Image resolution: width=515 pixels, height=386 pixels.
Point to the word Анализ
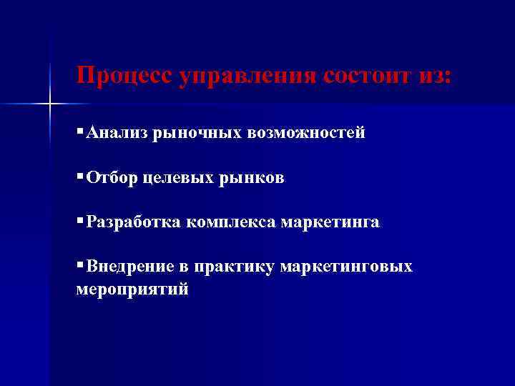pyautogui.click(x=117, y=133)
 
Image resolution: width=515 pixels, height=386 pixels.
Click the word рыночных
pyautogui.click(x=189, y=134)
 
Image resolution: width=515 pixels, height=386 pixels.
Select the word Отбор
pyautogui.click(x=113, y=178)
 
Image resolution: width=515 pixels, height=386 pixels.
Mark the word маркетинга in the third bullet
pyautogui.click(x=330, y=223)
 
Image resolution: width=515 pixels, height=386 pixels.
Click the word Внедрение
pyautogui.click(x=130, y=267)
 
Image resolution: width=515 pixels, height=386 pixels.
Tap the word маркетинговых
pyautogui.click(x=346, y=267)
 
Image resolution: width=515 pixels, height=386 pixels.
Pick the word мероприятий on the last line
pyautogui.click(x=132, y=289)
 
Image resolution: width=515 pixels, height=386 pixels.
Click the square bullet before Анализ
pyautogui.click(x=79, y=133)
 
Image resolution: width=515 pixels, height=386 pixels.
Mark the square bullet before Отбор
pyautogui.click(x=79, y=177)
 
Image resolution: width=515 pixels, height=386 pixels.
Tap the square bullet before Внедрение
pyautogui.click(x=79, y=267)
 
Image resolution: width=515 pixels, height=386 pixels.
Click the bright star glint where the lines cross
pyautogui.click(x=50, y=105)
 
